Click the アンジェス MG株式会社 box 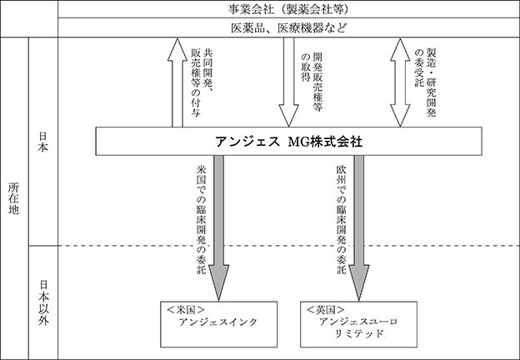(288, 141)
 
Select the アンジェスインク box (219, 324)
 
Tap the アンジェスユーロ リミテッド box (359, 324)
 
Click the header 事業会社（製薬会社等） (288, 9)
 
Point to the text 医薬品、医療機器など (288, 27)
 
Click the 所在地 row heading (13, 198)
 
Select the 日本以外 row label (43, 302)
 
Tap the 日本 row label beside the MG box (43, 142)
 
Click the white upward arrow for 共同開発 (177, 82)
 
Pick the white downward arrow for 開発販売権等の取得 (289, 82)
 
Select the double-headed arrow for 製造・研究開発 (400, 82)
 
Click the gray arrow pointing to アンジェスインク (218, 228)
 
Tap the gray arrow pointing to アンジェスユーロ (359, 228)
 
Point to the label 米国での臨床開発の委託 (201, 220)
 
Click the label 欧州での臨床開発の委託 (342, 220)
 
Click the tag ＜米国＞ (185, 310)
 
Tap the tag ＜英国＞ (326, 310)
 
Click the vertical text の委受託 (420, 68)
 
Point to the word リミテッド (359, 333)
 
